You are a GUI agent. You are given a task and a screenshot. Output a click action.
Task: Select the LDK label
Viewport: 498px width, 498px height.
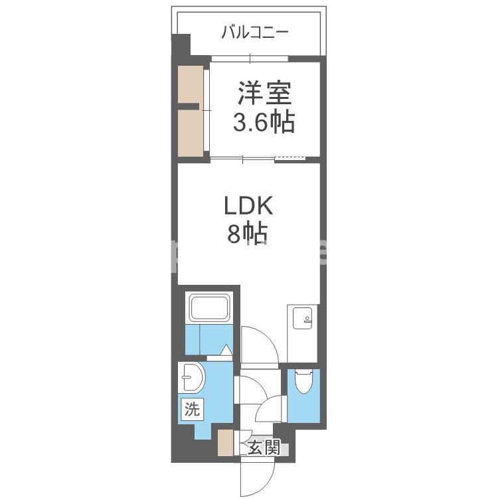click(x=248, y=207)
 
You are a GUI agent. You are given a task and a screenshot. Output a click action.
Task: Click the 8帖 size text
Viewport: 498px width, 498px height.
click(x=248, y=234)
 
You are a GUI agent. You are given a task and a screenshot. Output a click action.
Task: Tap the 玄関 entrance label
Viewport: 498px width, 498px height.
click(x=264, y=448)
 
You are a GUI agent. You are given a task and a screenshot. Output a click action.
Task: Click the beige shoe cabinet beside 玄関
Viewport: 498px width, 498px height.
click(x=226, y=443)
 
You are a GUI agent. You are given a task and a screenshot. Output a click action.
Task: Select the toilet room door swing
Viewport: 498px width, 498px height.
click(x=273, y=407)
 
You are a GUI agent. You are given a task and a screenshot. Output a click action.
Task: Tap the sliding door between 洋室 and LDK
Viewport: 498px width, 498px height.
click(x=243, y=158)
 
